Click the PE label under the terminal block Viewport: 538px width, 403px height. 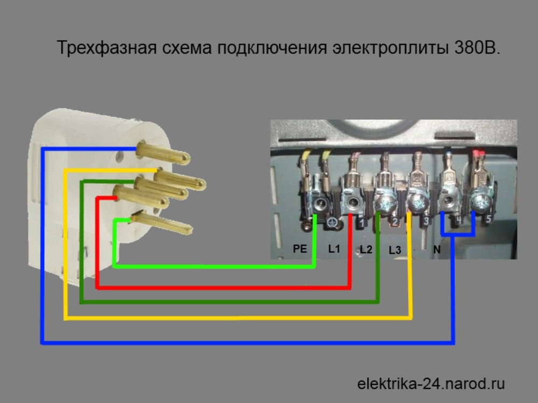pyautogui.click(x=300, y=248)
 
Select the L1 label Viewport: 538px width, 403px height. pyautogui.click(x=334, y=248)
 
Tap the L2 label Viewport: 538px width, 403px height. pyautogui.click(x=366, y=249)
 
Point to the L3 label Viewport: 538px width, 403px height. pyautogui.click(x=395, y=250)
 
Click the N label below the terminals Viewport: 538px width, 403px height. pyautogui.click(x=437, y=249)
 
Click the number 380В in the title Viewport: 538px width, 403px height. pyautogui.click(x=477, y=48)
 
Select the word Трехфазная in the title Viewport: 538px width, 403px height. pyautogui.click(x=107, y=48)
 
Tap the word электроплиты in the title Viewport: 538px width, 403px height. pyautogui.click(x=390, y=48)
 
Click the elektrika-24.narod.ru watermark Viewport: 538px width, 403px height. pyautogui.click(x=431, y=384)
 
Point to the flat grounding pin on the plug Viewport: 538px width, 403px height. pyautogui.click(x=161, y=223)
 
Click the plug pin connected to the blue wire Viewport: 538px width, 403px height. pyautogui.click(x=164, y=153)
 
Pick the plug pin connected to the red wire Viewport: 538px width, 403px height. pyautogui.click(x=140, y=197)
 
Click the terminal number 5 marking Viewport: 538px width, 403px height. pyautogui.click(x=489, y=219)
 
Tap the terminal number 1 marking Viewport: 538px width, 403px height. pyautogui.click(x=362, y=223)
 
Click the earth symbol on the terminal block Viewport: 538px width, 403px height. pyautogui.click(x=332, y=223)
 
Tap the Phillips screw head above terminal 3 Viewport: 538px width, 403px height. pyautogui.click(x=418, y=205)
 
